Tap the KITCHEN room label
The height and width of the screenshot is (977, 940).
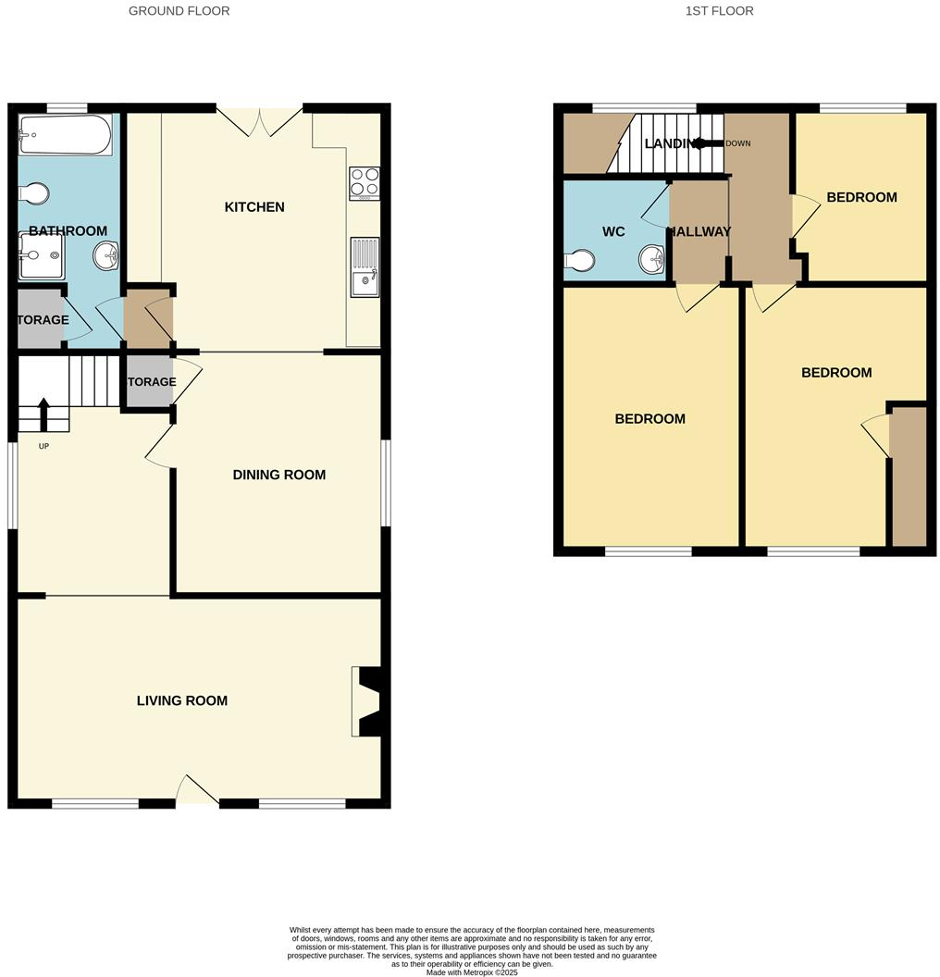pos(254,207)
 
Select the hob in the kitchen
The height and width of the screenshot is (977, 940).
pos(365,183)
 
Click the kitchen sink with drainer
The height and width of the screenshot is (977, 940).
pos(365,266)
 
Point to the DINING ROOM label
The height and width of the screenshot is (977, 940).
pos(278,476)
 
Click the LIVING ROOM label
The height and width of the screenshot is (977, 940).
pos(182,701)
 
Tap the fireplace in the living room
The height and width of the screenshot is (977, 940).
pos(365,701)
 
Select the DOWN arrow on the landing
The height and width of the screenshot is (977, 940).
pos(707,143)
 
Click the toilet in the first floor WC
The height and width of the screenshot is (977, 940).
pos(580,261)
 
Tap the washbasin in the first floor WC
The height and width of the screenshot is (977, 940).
pos(652,259)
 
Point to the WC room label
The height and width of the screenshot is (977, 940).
pos(613,231)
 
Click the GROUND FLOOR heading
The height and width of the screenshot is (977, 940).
pos(179,11)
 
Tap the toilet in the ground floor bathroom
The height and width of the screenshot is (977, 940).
pos(34,193)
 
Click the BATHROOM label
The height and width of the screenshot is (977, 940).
pos(68,231)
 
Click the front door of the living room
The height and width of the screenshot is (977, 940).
pos(196,791)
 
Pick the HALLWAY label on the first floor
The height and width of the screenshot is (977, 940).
pos(699,232)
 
